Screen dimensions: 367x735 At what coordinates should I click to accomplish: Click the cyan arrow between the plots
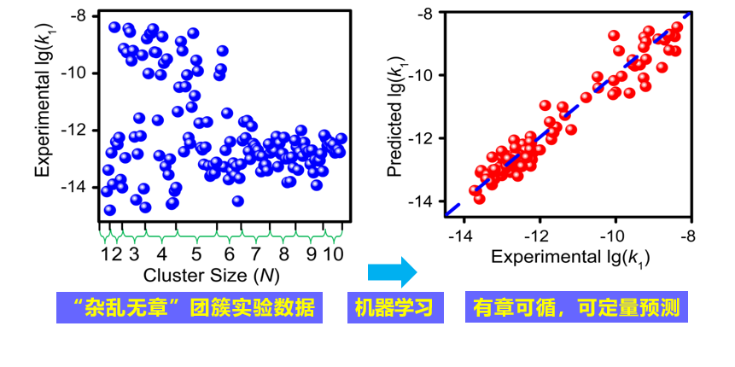pos(392,273)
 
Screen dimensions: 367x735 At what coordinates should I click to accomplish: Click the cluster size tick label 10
pos(334,253)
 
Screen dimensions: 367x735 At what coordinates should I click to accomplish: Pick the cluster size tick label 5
pos(196,253)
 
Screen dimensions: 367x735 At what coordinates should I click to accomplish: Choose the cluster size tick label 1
pos(106,253)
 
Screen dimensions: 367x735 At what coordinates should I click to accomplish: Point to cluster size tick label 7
pos(255,253)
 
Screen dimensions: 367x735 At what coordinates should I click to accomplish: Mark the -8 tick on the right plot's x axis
pos(687,235)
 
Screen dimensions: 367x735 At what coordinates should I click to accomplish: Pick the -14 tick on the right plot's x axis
pos(463,235)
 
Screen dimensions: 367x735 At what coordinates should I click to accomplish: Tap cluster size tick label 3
pos(134,253)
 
